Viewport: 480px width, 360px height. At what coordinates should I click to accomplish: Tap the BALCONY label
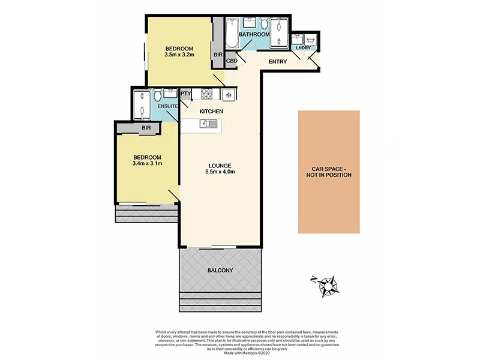220,271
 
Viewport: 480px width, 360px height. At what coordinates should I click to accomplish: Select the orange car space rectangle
329,172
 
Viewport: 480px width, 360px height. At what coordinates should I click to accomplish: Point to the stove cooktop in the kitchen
208,94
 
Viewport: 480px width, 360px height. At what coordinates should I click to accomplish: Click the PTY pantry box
185,94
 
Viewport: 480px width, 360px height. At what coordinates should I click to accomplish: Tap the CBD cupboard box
232,61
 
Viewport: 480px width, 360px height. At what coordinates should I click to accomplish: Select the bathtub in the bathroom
232,34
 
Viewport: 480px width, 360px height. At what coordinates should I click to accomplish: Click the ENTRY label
278,62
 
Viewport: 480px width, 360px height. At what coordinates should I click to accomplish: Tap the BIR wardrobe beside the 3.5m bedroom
217,55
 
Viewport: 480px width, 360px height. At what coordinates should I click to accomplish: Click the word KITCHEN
211,112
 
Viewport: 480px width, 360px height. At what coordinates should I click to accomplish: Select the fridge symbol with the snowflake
229,94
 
